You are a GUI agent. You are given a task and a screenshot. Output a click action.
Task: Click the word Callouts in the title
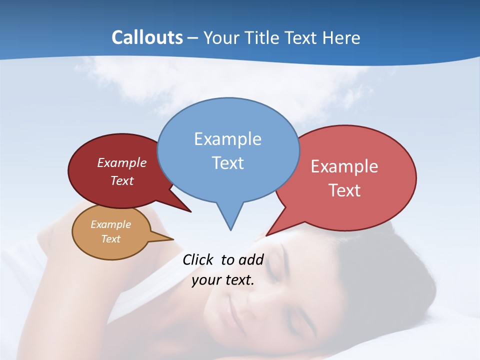tap(147, 37)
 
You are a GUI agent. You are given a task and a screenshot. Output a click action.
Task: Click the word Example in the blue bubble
tap(227, 139)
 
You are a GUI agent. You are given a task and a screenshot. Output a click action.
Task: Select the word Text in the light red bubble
tap(344, 190)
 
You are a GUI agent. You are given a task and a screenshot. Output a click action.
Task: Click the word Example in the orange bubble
tap(110, 224)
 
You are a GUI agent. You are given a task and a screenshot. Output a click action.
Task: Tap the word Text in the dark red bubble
tap(122, 181)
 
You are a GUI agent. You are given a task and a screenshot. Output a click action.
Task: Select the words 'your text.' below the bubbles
tap(222, 280)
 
